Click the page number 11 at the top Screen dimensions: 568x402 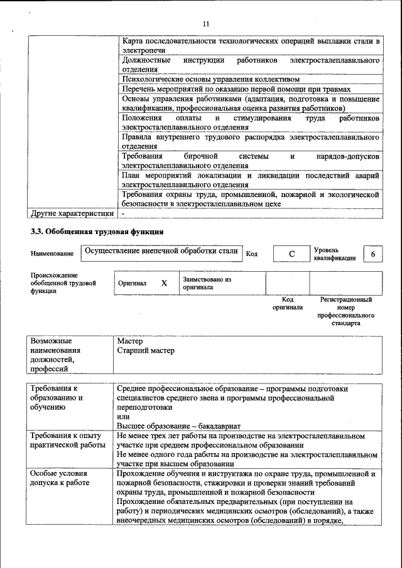(x=205, y=24)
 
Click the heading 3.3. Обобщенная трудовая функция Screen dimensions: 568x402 (x=97, y=231)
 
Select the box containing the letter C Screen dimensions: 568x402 (x=291, y=254)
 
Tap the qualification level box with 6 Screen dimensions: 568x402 (x=374, y=254)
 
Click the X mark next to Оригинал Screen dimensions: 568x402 (x=164, y=283)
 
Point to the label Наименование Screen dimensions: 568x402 (x=52, y=254)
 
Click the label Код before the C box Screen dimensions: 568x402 (x=251, y=254)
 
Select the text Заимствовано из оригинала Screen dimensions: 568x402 (x=207, y=283)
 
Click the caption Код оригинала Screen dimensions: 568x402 (x=288, y=304)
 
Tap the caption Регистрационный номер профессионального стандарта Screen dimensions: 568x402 (x=346, y=312)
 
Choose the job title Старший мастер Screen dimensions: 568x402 (x=146, y=351)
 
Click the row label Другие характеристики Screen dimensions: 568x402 (x=72, y=213)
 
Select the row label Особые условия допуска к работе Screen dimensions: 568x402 (x=60, y=478)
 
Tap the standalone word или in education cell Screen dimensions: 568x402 (x=123, y=416)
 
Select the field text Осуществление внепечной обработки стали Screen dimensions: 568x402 (x=161, y=251)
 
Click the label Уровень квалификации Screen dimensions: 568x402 (x=335, y=254)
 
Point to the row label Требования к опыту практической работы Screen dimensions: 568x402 (x=68, y=439)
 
